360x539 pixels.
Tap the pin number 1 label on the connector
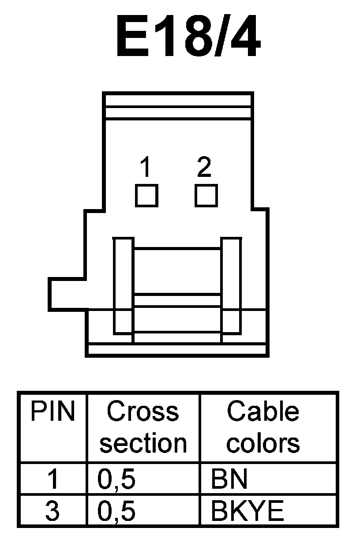(x=145, y=168)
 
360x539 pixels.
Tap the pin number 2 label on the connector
(x=204, y=167)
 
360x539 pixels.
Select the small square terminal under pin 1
(x=146, y=195)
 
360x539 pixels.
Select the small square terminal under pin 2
(x=206, y=195)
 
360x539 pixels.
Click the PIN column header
(x=52, y=412)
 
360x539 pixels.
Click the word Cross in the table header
(x=143, y=412)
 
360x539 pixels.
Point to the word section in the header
(x=143, y=443)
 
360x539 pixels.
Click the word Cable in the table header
(x=263, y=412)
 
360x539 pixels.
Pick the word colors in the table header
(x=263, y=443)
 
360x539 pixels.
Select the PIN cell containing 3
(x=52, y=511)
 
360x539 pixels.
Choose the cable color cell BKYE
(x=247, y=511)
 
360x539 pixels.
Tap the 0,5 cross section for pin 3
(x=116, y=511)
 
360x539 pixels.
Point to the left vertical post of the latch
(x=123, y=285)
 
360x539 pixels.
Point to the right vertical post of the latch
(x=231, y=285)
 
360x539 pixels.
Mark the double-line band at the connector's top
(x=178, y=106)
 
